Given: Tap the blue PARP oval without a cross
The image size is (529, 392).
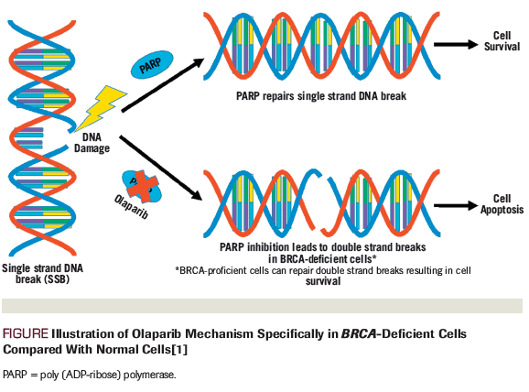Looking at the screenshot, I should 150,68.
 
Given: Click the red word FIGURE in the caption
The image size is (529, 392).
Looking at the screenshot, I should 26,334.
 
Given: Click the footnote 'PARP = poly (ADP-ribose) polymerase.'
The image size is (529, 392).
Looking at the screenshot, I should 90,376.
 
